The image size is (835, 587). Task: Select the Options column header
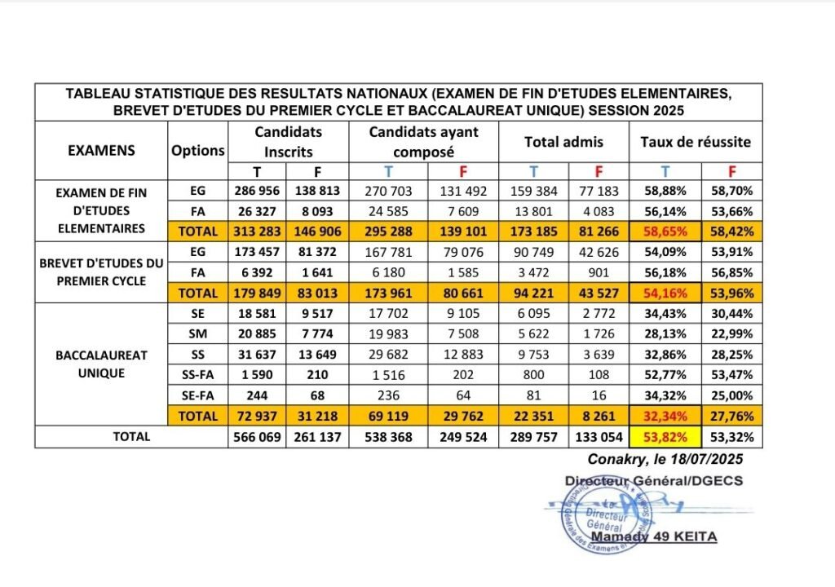tap(198, 150)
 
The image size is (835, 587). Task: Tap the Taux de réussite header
tap(696, 142)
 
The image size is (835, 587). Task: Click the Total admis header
tap(563, 142)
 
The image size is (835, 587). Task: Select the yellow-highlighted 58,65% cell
tap(665, 231)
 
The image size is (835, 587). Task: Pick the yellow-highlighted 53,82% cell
tap(665, 436)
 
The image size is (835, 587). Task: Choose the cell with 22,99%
tap(731, 333)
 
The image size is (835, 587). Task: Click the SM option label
tap(198, 333)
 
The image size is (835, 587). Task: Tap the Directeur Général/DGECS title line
tap(653, 481)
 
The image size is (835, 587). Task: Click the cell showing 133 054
tap(599, 436)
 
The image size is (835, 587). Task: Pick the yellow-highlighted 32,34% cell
tap(665, 416)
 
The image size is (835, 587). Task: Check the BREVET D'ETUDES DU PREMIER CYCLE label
tap(100, 272)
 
